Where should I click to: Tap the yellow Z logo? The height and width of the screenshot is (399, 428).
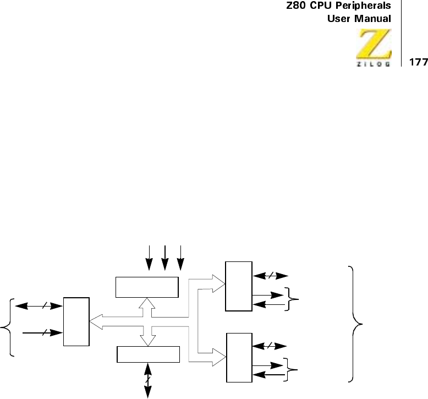tap(376, 45)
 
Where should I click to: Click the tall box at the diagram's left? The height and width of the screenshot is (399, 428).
tap(76, 321)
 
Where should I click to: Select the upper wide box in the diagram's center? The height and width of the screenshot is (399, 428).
tap(147, 286)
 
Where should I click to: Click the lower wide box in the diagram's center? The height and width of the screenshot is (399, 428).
tap(149, 354)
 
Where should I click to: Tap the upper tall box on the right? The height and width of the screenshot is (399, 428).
tap(239, 286)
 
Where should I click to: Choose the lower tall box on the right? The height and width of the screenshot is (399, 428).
tap(239, 357)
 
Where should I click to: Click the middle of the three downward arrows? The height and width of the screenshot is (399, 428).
tap(165, 258)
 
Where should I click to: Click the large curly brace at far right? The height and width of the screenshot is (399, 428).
tap(355, 323)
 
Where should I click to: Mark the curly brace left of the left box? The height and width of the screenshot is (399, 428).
tap(8, 327)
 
